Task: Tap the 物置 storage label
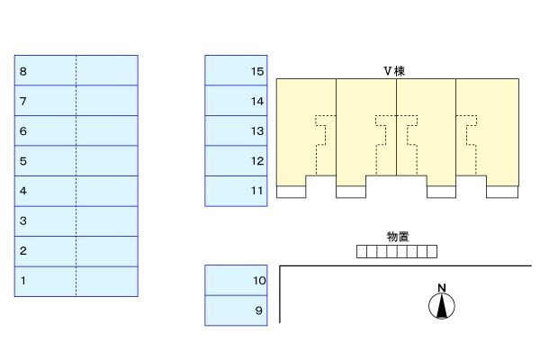click(398, 236)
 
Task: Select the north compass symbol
click(441, 307)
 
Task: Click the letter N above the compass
click(441, 288)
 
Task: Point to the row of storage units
click(397, 251)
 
